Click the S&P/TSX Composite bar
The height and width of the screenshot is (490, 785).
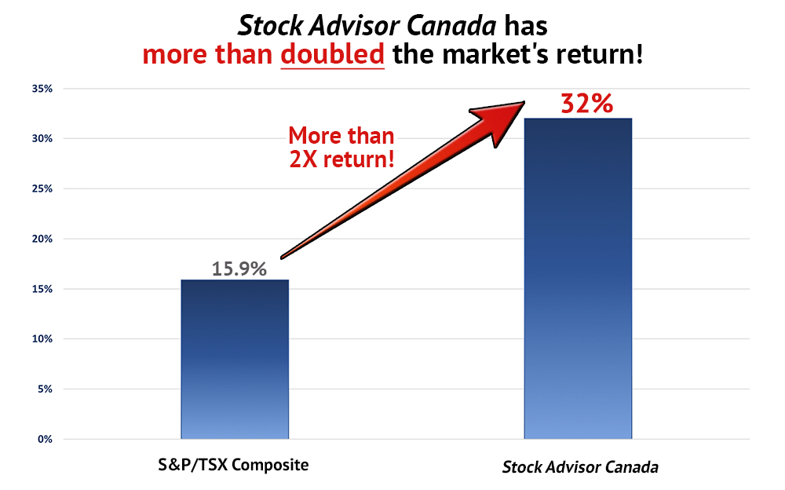(235, 359)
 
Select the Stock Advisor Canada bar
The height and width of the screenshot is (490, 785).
(579, 279)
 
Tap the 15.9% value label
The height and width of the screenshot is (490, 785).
(239, 269)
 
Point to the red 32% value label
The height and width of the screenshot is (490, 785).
(586, 104)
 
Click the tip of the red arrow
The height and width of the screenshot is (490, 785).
(524, 102)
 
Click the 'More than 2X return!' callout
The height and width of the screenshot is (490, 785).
(341, 148)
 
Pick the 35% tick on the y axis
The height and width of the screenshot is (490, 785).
(42, 89)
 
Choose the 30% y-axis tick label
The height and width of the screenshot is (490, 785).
(42, 139)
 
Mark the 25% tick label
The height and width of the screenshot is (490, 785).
(42, 189)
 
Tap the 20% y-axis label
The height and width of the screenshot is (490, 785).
(42, 239)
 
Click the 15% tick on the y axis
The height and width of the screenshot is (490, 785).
(42, 289)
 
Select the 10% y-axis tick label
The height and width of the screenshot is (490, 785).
(42, 339)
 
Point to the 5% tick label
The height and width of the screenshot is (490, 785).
(45, 389)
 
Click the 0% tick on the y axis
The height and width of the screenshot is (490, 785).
(45, 440)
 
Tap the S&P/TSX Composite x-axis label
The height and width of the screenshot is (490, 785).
(233, 465)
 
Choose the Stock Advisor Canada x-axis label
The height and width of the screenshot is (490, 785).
(580, 467)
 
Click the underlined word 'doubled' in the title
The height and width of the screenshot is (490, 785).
(332, 54)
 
